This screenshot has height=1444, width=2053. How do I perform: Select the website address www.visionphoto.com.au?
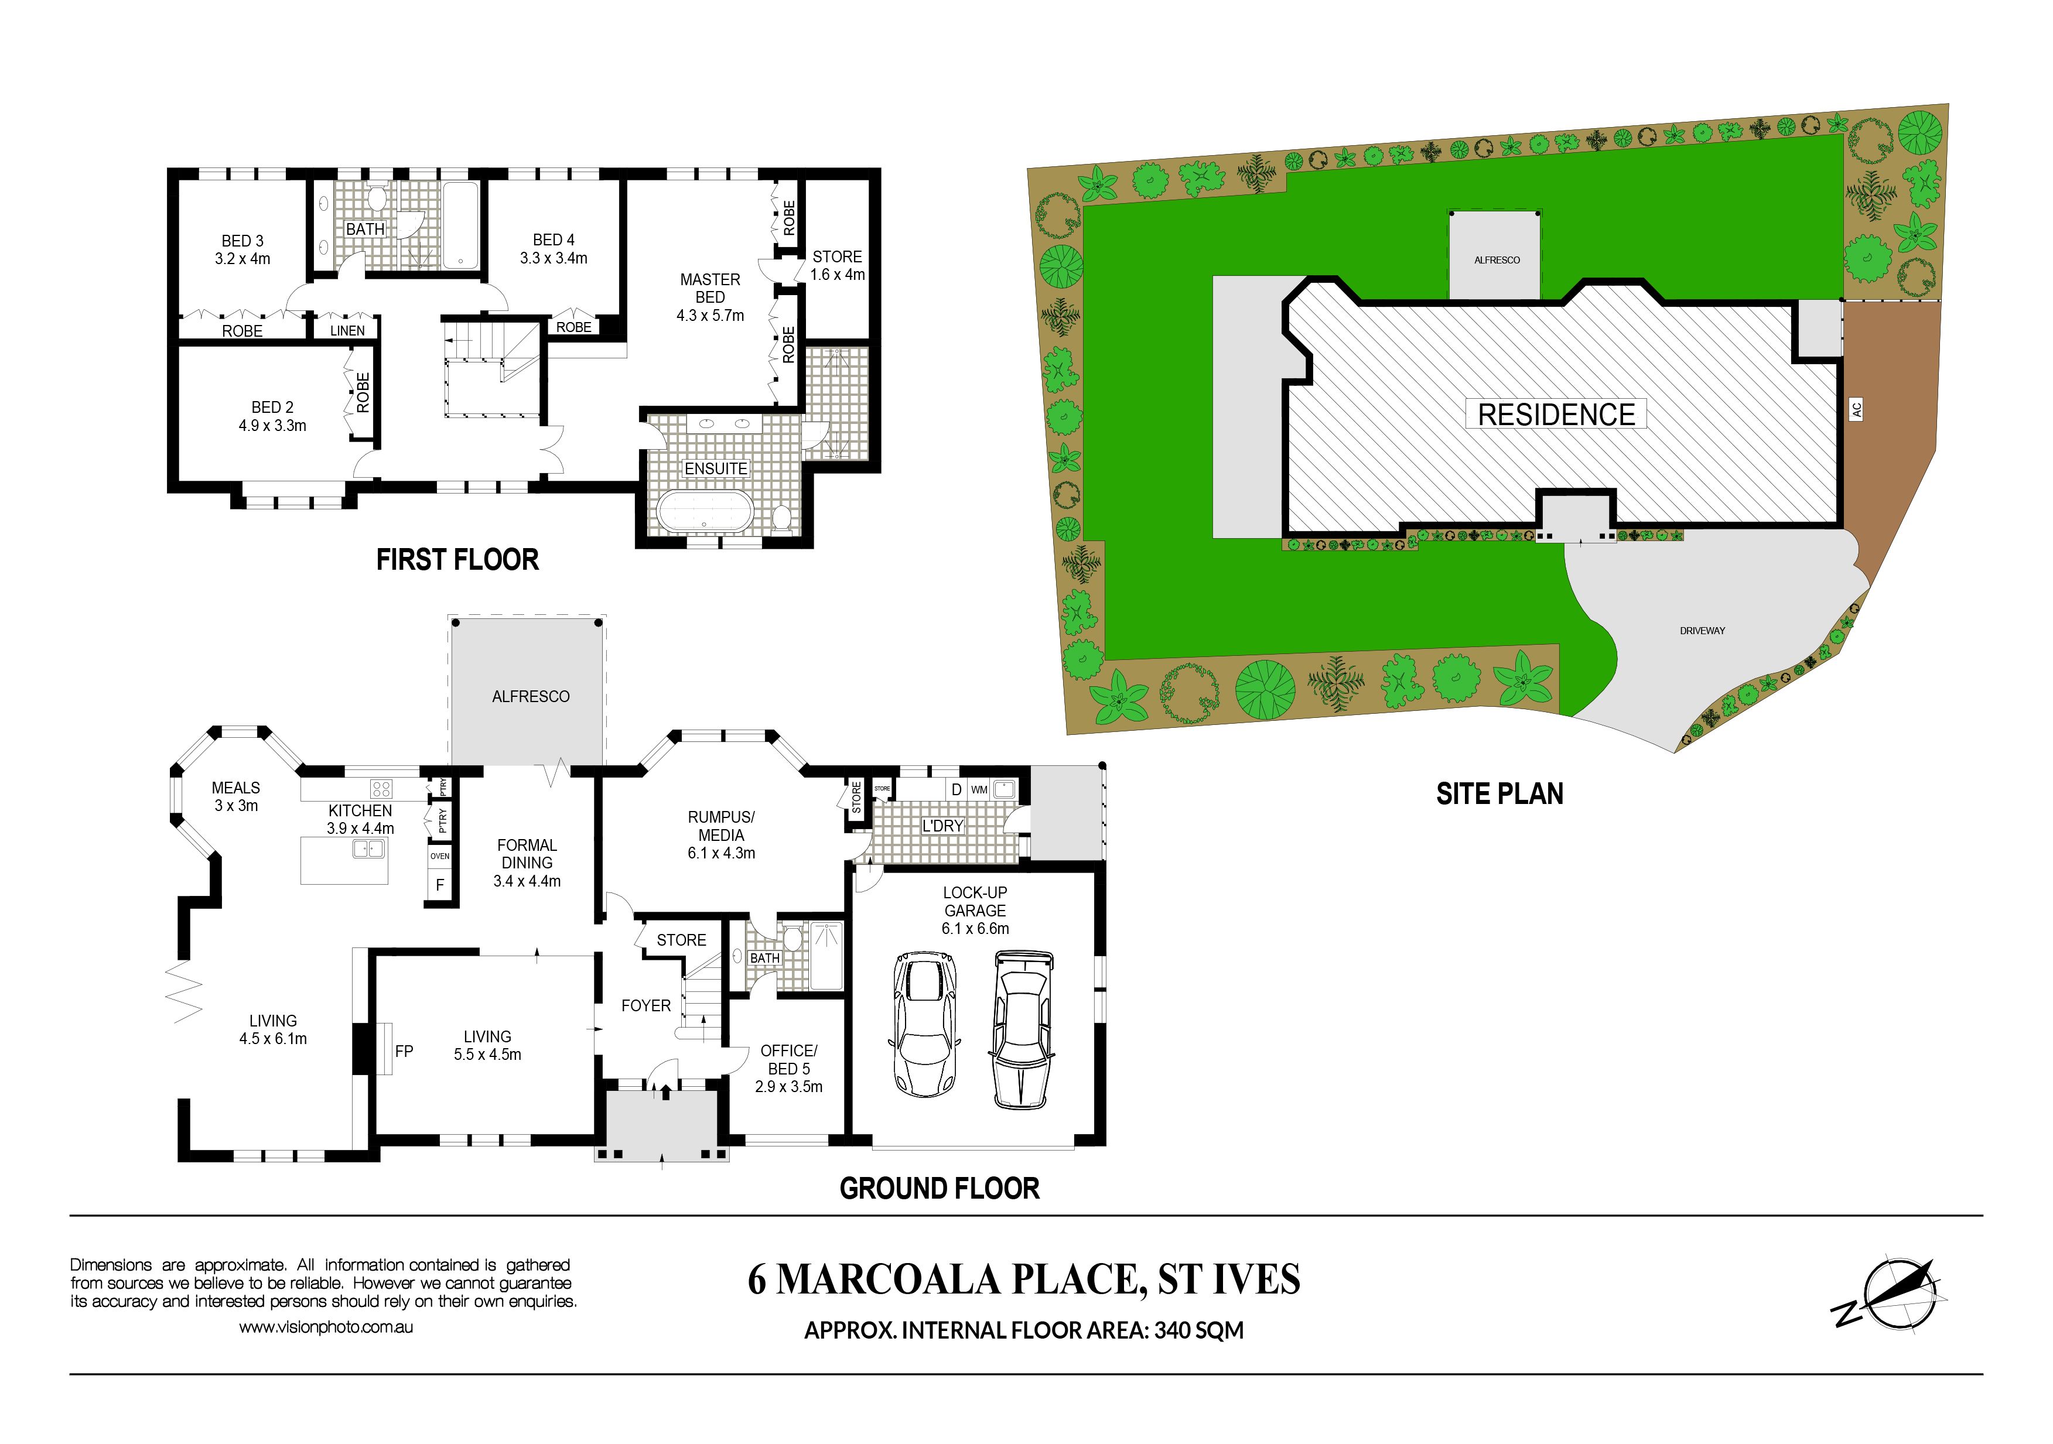(326, 1327)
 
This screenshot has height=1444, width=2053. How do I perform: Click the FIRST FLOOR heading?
(457, 560)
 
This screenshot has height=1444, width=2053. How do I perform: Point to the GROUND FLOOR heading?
(940, 1188)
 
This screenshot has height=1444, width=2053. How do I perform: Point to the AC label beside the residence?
(1856, 409)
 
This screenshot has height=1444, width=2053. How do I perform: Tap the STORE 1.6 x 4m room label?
(838, 265)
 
